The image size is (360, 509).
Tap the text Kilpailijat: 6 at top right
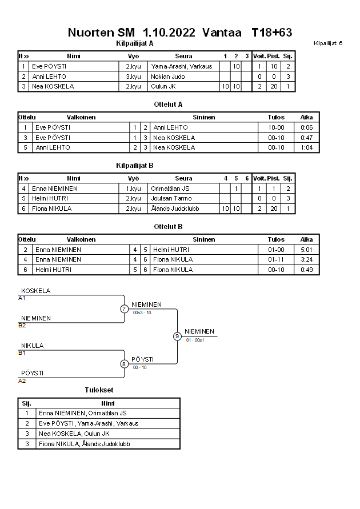pos(328,43)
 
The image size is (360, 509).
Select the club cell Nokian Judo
pos(168,77)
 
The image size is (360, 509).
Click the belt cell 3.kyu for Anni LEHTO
pos(133,77)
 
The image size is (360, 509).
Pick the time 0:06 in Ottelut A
pos(306,127)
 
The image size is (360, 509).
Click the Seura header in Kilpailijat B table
pos(183,178)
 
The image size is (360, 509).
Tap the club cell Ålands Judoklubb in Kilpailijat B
pos(175,209)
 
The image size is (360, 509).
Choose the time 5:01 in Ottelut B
pos(306,250)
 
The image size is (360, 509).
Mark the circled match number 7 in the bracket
pos(124,309)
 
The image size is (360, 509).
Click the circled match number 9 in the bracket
pos(177,336)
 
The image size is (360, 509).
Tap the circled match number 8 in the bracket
pos(124,363)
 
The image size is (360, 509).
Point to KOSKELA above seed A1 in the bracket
pos(35,291)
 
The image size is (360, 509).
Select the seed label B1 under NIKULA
pos(22,353)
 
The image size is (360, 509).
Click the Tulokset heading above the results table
pos(99,390)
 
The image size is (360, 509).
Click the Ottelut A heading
pos(168,105)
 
